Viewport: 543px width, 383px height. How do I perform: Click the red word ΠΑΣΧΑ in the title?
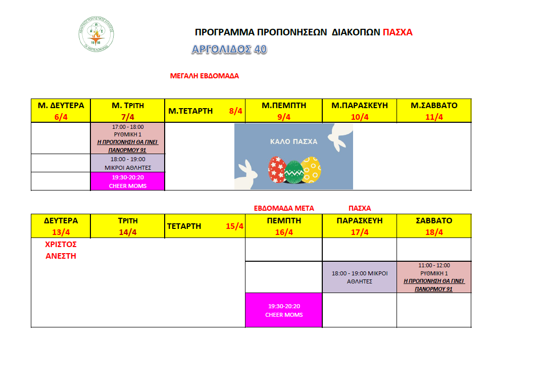point(398,32)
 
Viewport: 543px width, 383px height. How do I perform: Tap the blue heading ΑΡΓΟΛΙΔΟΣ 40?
point(229,49)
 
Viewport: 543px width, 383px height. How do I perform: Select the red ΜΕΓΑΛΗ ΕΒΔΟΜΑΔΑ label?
point(205,76)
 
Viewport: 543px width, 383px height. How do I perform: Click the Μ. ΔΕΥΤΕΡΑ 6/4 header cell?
point(61,111)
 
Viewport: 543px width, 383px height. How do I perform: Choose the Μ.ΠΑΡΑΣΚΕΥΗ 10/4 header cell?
point(359,111)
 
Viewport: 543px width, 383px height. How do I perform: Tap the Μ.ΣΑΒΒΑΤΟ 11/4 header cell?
point(434,111)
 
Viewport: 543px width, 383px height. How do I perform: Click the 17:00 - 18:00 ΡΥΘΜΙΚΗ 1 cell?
point(128,138)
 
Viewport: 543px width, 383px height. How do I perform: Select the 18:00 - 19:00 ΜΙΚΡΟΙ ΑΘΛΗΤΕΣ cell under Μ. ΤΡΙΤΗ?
point(128,163)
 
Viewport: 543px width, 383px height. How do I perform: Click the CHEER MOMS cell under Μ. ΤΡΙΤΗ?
point(128,181)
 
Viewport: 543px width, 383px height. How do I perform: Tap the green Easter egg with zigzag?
point(294,172)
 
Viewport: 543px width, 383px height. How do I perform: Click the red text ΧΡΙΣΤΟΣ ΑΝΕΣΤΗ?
point(61,250)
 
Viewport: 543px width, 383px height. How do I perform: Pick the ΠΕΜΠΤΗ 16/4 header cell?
point(284,226)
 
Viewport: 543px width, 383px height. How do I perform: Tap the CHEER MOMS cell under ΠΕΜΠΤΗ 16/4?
point(284,310)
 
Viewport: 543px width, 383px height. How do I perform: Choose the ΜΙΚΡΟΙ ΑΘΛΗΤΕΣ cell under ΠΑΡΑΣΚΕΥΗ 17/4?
point(359,277)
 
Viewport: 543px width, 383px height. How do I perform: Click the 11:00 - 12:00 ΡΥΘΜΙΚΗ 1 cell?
point(434,277)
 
